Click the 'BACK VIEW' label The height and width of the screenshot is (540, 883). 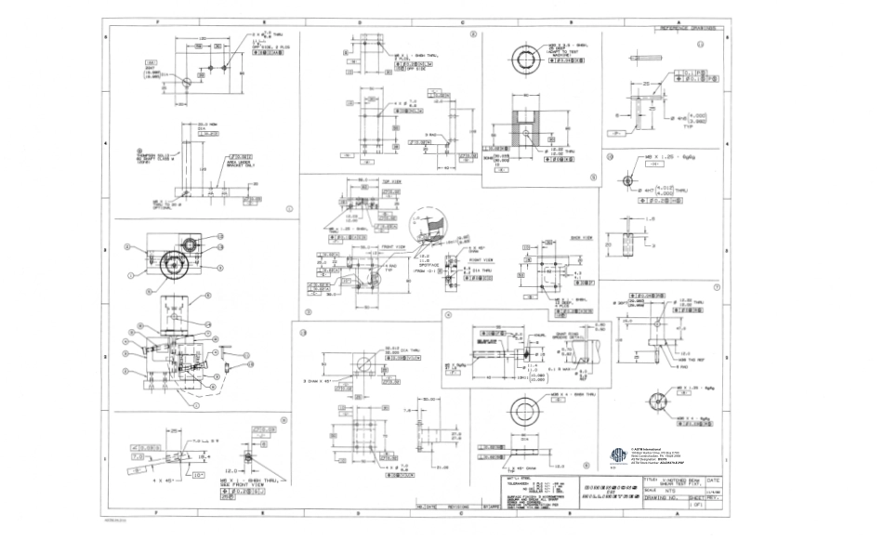(555, 238)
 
